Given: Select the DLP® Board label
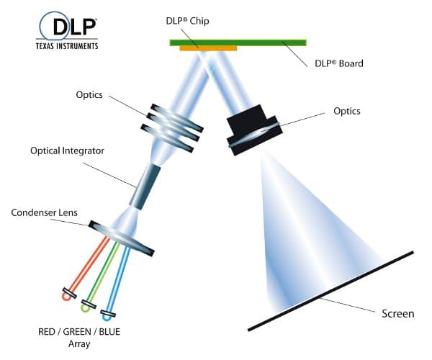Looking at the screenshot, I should (338, 63).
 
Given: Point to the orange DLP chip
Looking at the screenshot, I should (209, 48).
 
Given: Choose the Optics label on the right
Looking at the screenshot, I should (347, 111).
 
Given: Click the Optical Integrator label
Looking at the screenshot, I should (67, 151).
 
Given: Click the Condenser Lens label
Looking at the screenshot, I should (45, 213).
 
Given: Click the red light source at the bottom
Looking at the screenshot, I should (67, 294).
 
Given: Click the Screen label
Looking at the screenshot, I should (397, 313).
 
